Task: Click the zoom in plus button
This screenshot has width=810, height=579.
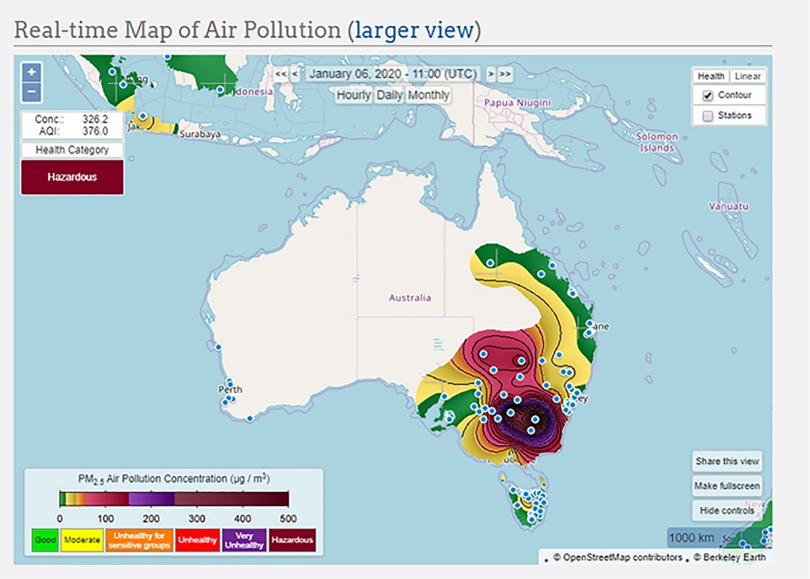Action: [x=32, y=72]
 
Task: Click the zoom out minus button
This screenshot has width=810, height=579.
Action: [x=32, y=92]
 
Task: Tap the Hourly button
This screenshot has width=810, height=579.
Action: [x=354, y=95]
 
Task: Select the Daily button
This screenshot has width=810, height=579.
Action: [x=390, y=95]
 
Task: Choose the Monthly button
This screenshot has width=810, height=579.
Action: [x=428, y=95]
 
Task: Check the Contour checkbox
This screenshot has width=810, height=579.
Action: [x=708, y=96]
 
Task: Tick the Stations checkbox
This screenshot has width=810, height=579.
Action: [x=708, y=116]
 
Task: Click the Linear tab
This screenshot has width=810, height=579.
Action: [x=747, y=76]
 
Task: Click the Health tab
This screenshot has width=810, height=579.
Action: [x=711, y=76]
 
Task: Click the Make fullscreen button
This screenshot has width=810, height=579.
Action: [x=727, y=486]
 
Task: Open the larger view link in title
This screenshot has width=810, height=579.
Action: [x=413, y=30]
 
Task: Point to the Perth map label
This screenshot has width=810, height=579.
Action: [x=230, y=390]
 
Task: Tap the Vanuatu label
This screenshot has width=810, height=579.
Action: [x=724, y=206]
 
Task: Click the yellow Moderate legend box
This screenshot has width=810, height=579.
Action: [x=82, y=540]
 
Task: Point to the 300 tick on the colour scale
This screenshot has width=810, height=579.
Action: [x=197, y=519]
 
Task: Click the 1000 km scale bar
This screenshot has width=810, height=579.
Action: [x=691, y=538]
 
